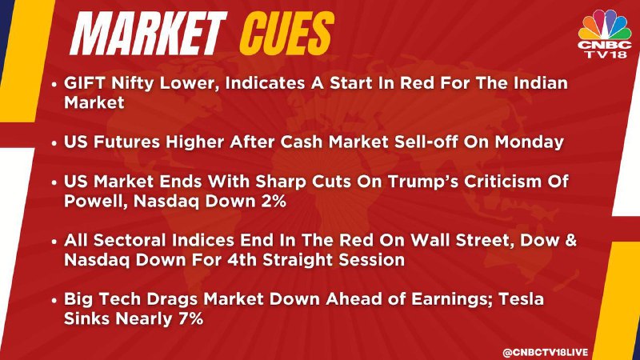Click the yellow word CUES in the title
(x=286, y=34)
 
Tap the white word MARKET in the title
(x=148, y=34)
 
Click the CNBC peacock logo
(x=605, y=25)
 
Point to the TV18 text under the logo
(x=605, y=54)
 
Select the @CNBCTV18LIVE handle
(x=546, y=352)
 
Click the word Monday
(x=530, y=142)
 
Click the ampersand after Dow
(x=571, y=240)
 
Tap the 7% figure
(x=190, y=318)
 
